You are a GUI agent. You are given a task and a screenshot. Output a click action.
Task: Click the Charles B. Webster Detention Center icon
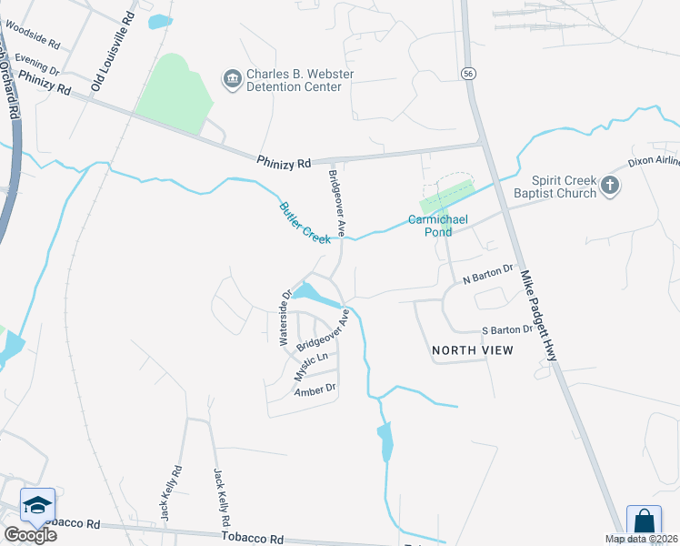click(231, 79)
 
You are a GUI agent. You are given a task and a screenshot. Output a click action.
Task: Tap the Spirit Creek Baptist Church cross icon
click(609, 187)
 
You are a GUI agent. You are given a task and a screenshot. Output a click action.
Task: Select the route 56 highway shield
click(468, 73)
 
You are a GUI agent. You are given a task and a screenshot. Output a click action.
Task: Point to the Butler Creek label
click(305, 222)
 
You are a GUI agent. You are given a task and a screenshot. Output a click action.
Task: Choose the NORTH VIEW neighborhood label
click(472, 350)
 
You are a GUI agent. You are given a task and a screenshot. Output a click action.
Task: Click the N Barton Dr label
click(488, 273)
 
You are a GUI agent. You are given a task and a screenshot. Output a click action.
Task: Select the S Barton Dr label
click(505, 331)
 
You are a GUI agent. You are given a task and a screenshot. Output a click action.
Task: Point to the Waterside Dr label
click(285, 318)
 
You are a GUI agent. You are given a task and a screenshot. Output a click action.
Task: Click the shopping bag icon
click(644, 522)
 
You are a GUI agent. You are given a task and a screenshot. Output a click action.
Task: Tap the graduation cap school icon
click(37, 505)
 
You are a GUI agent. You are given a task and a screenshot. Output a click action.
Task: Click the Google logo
click(29, 534)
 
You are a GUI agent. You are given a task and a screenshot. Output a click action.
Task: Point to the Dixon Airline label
click(654, 162)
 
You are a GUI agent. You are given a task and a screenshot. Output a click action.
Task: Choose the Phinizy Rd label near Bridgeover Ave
click(284, 162)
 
